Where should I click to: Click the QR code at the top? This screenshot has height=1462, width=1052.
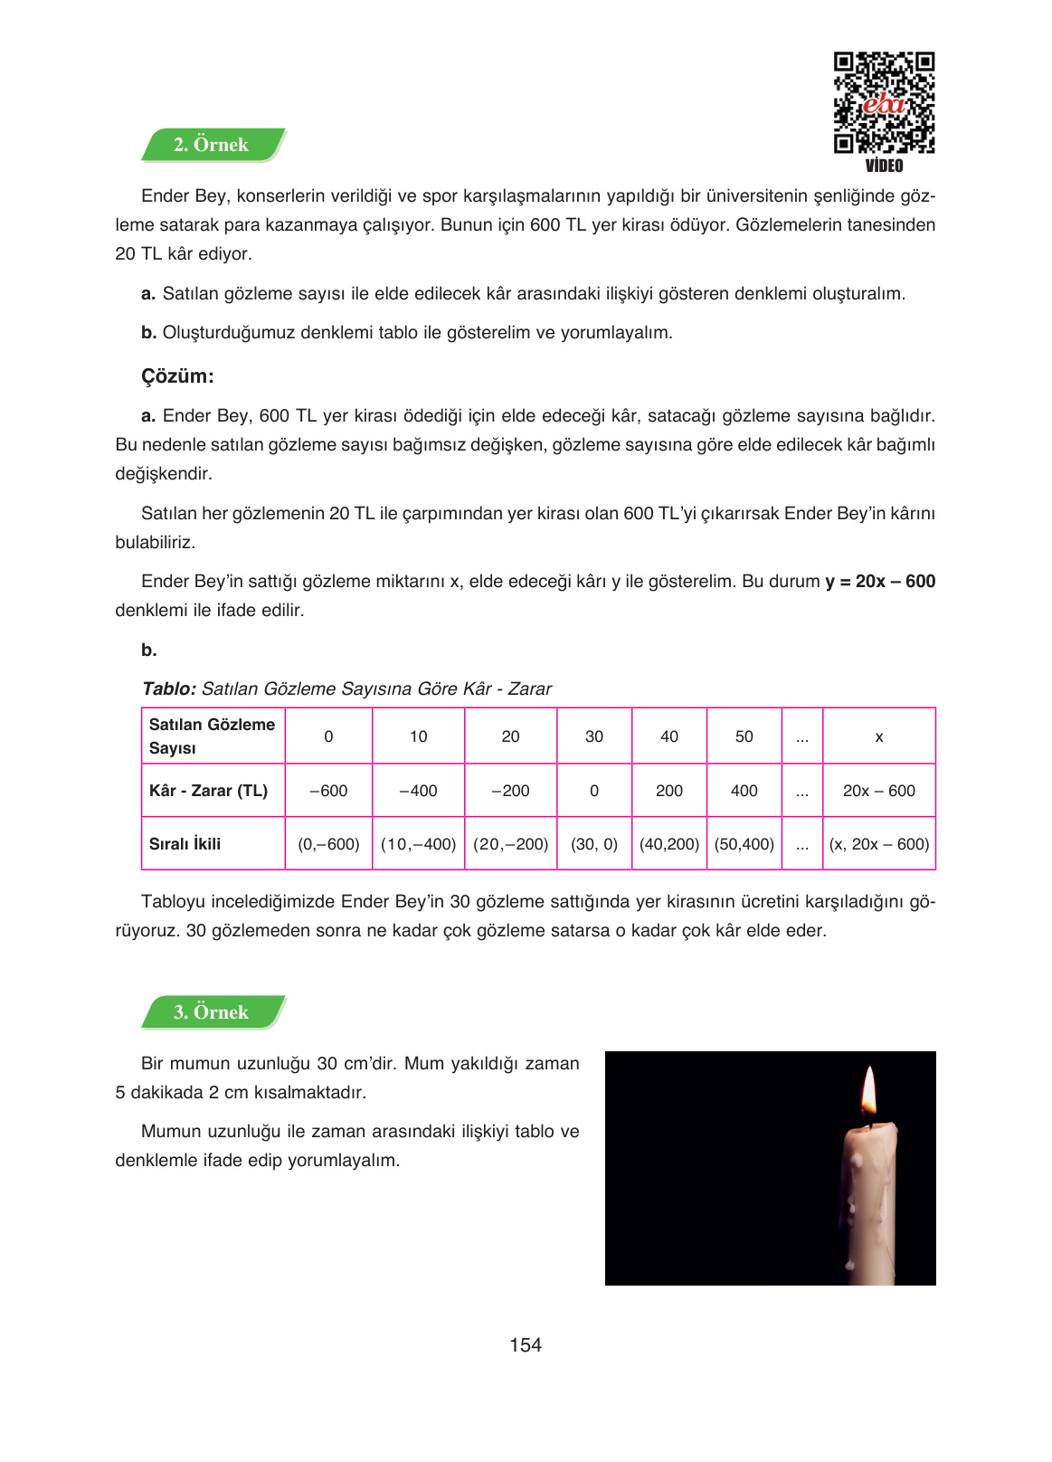pos(883,102)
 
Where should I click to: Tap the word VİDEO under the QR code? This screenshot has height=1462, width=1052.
pos(884,166)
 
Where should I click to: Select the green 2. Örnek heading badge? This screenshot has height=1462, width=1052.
pos(212,145)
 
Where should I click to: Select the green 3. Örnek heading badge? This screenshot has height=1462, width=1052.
pos(212,1012)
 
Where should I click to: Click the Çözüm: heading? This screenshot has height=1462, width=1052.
pos(177,376)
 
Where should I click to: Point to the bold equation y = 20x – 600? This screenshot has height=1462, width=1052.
pos(879,582)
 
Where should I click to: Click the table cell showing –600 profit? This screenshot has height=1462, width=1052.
pos(328,791)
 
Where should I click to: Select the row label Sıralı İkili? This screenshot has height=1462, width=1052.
pos(185,844)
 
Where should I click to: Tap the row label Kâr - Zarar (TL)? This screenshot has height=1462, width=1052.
pos(208,791)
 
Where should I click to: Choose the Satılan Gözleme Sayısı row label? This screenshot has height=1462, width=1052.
pos(211,736)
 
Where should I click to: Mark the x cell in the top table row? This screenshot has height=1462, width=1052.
pos(878,736)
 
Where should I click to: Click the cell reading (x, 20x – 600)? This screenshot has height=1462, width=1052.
pos(878,844)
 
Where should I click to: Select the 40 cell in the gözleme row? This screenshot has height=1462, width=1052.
pos(668,736)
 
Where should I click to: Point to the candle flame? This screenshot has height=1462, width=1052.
pos(868,1092)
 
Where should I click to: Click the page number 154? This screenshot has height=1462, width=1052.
pos(525,1345)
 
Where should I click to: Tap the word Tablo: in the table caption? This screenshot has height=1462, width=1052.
pos(169,688)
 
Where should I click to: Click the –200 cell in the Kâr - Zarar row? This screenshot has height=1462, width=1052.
pos(510,791)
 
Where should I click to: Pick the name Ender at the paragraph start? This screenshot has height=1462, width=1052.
pos(165,196)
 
